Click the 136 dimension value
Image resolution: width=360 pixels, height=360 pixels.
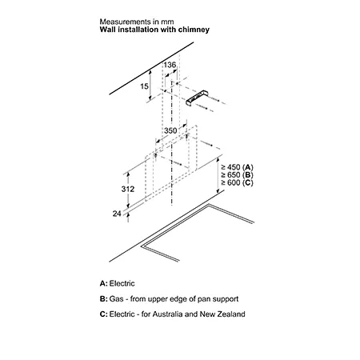pyautogui.click(x=170, y=65)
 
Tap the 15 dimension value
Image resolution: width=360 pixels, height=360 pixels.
pyautogui.click(x=144, y=86)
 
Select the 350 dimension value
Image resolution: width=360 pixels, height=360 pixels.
pyautogui.click(x=170, y=130)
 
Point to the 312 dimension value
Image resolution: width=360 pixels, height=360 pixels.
pyautogui.click(x=128, y=189)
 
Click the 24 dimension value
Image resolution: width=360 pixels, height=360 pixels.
pyautogui.click(x=117, y=214)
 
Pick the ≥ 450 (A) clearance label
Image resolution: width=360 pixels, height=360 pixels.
pyautogui.click(x=237, y=167)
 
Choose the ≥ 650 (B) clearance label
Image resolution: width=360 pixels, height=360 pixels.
pyautogui.click(x=237, y=175)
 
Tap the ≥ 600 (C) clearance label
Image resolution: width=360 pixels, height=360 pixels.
pyautogui.click(x=237, y=182)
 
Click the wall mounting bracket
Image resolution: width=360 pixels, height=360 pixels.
pyautogui.click(x=197, y=98)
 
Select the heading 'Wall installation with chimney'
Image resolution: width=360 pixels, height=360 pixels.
pyautogui.click(x=154, y=30)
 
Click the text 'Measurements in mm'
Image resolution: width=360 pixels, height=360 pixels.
pyautogui.click(x=137, y=22)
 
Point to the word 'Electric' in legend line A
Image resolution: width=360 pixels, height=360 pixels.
pyautogui.click(x=122, y=283)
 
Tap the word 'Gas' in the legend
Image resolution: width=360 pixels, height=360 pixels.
pyautogui.click(x=116, y=299)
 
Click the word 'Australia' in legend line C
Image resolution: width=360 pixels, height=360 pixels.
pyautogui.click(x=167, y=314)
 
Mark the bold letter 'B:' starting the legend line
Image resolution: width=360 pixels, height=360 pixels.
pyautogui.click(x=103, y=299)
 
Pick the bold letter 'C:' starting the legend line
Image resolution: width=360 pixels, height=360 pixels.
pyautogui.click(x=103, y=314)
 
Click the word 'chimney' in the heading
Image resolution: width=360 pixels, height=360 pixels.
pyautogui.click(x=194, y=30)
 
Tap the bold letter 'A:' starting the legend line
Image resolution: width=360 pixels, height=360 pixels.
pyautogui.click(x=103, y=283)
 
